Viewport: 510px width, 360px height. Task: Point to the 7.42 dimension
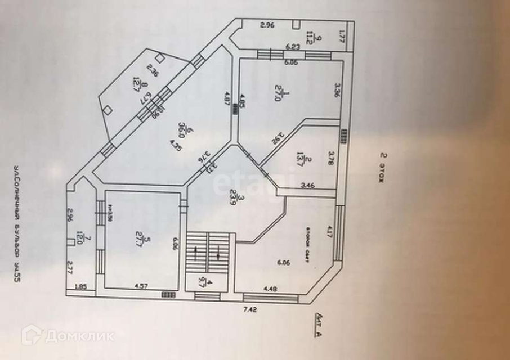250,308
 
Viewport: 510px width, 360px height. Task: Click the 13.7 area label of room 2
300,159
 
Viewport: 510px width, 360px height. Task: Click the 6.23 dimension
292,47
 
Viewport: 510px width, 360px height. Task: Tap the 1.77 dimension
341,39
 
